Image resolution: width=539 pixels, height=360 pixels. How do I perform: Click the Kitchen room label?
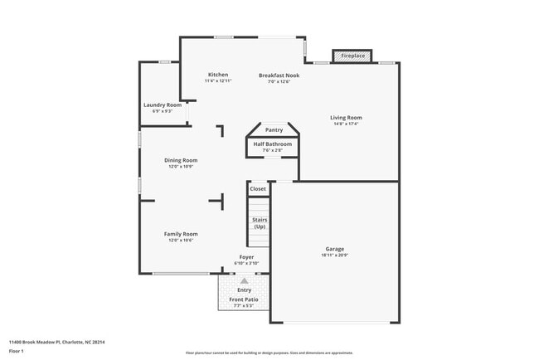pos(218,75)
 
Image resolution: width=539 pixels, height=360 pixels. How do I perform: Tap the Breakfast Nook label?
pos(279,75)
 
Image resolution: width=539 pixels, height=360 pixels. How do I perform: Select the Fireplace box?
pos(352,56)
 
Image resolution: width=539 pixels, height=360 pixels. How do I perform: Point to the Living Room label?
pos(347,118)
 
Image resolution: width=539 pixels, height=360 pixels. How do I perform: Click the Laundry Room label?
pos(163,105)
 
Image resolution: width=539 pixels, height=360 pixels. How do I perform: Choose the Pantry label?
pos(274,130)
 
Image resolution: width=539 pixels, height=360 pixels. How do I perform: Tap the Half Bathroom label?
pos(274,144)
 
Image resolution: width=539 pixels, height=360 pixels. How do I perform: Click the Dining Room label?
pos(181,160)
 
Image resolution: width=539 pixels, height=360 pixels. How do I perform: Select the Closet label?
pos(259,189)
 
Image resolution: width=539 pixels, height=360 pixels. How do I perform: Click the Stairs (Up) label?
pos(260,223)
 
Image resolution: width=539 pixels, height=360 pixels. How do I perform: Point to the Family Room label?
pos(181,234)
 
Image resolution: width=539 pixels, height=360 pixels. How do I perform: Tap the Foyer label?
pos(247,257)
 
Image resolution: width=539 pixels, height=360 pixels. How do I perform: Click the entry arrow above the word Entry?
pos(245,281)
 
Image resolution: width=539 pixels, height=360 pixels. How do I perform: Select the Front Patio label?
pos(244,299)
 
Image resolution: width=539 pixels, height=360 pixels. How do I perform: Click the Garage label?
pos(335,249)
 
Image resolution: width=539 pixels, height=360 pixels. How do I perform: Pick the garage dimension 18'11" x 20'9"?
pos(335,255)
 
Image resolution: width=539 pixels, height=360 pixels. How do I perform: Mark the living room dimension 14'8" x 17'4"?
pos(347,124)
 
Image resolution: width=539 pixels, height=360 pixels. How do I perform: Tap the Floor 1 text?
pos(17,351)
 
